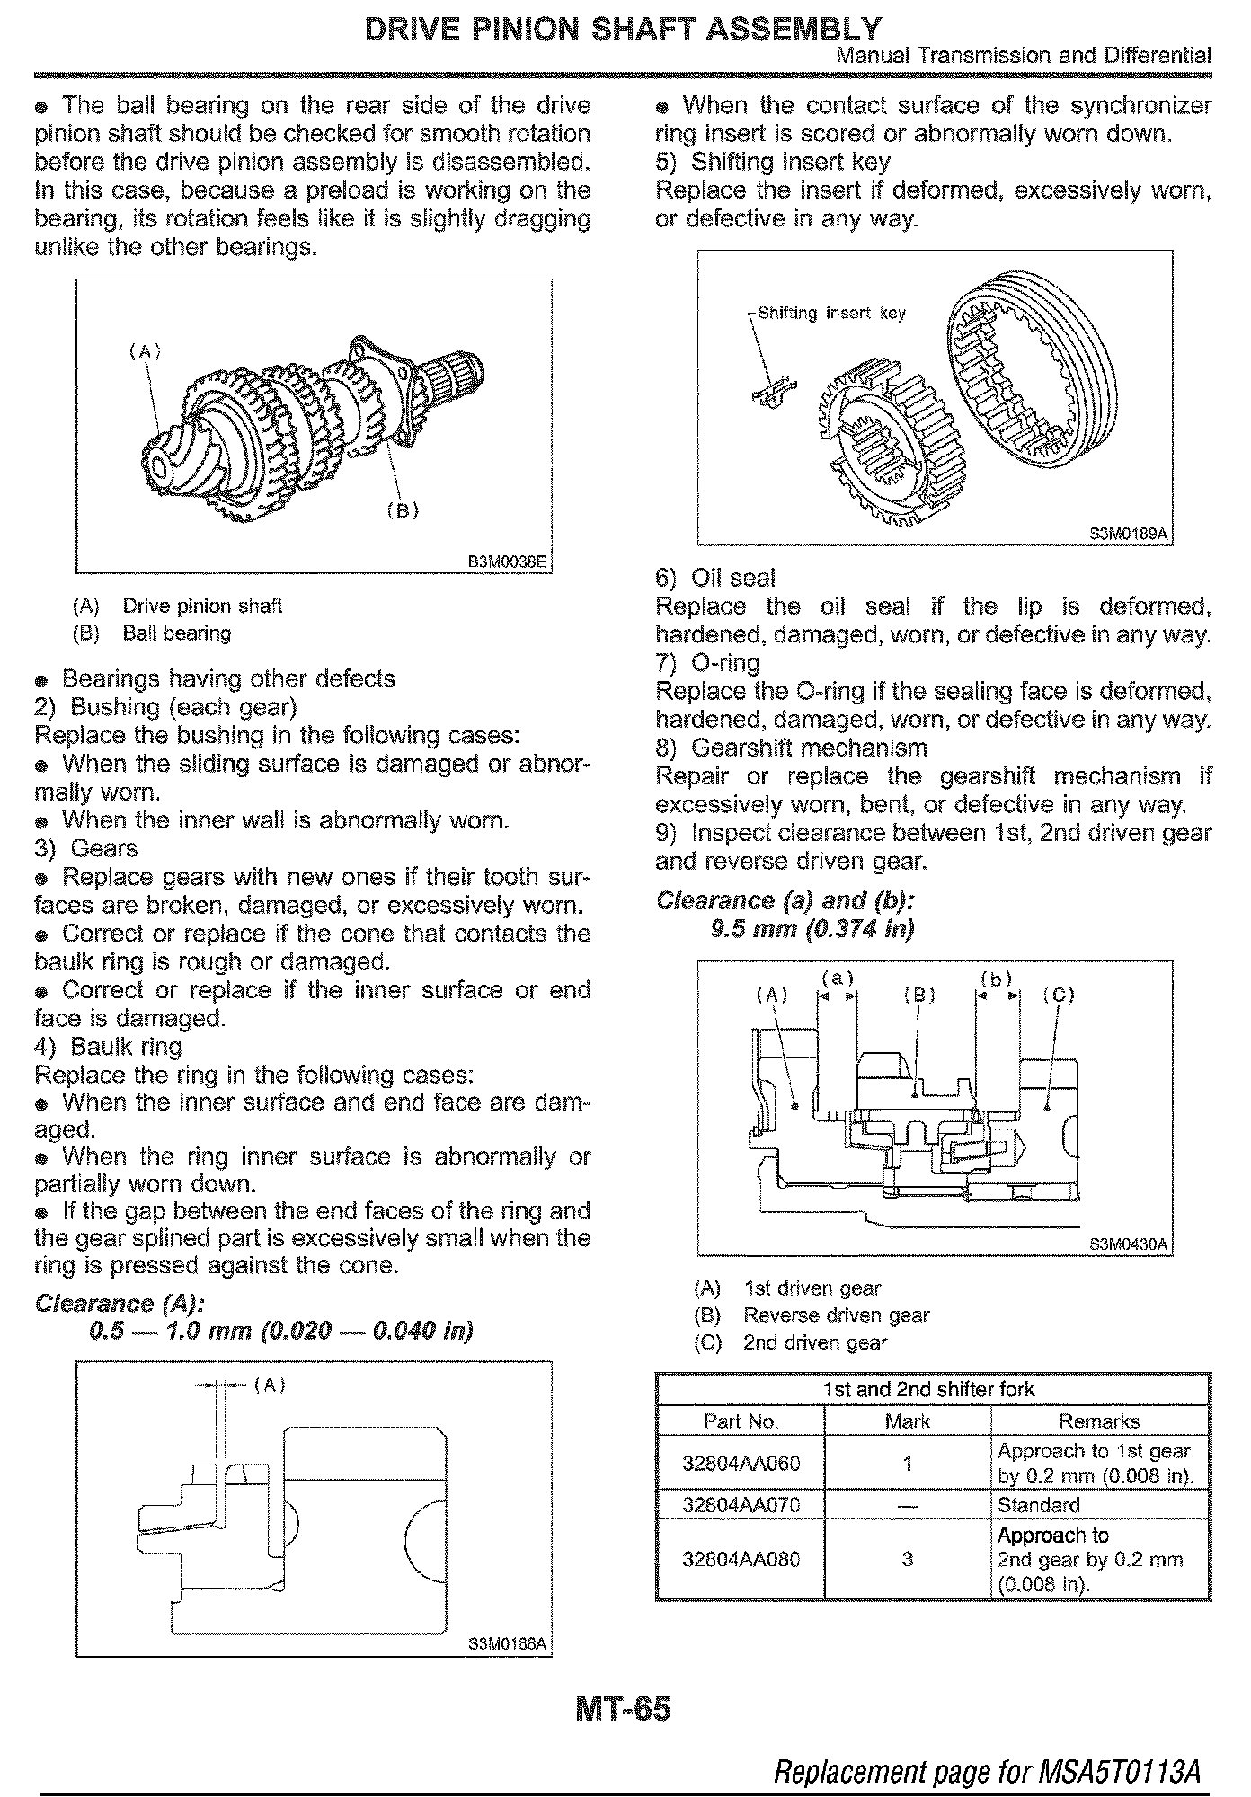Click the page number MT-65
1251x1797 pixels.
[623, 1707]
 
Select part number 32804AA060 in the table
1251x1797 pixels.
[741, 1463]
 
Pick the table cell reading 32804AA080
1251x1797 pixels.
[741, 1559]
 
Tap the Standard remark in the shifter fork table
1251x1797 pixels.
[1039, 1504]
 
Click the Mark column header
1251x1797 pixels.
[908, 1421]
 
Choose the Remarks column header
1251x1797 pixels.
[1099, 1421]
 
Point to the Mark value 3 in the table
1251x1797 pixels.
[908, 1559]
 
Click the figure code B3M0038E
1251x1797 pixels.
[507, 562]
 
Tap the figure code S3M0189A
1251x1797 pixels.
[1128, 534]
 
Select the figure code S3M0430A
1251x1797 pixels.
[1128, 1244]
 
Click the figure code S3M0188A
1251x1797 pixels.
[507, 1644]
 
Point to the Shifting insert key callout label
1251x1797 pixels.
[831, 314]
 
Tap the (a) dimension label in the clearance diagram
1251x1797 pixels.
[837, 978]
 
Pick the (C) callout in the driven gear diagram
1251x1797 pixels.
[1059, 994]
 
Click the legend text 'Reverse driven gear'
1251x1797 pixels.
[836, 1315]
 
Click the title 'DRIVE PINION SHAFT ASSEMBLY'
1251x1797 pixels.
[623, 29]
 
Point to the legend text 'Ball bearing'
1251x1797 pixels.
[177, 633]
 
